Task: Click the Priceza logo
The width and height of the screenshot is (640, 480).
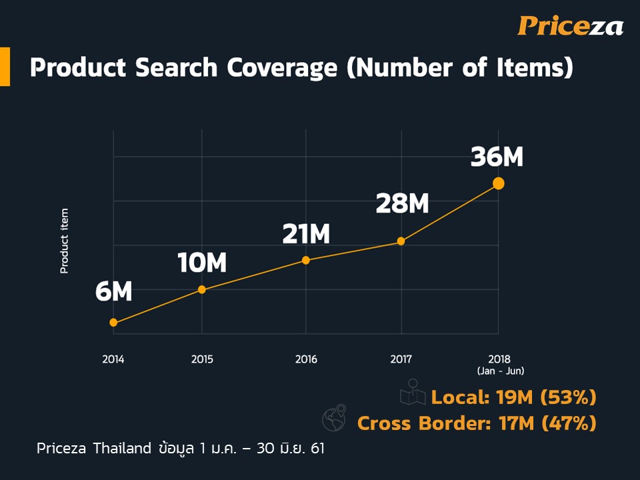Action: pyautogui.click(x=570, y=26)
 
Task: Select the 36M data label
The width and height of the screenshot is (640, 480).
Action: pyautogui.click(x=497, y=157)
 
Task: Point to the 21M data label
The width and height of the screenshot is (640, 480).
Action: pyautogui.click(x=305, y=234)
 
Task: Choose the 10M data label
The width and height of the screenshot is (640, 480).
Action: pyautogui.click(x=202, y=263)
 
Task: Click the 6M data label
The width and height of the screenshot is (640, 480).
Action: pyautogui.click(x=114, y=292)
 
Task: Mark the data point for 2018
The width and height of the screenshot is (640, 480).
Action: pyautogui.click(x=498, y=183)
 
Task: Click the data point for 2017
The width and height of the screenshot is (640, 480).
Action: pyautogui.click(x=401, y=241)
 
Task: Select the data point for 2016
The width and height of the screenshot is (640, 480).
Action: pyautogui.click(x=306, y=260)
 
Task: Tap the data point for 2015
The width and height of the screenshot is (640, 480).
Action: pyautogui.click(x=202, y=289)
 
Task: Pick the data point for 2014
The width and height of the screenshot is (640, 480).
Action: pyautogui.click(x=113, y=323)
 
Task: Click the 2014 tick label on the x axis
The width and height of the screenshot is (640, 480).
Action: pyautogui.click(x=113, y=359)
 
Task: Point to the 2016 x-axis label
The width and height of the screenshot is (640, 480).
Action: pyautogui.click(x=306, y=359)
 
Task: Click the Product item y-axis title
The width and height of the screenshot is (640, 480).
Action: pyautogui.click(x=65, y=241)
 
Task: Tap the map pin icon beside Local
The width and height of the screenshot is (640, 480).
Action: pyautogui.click(x=413, y=393)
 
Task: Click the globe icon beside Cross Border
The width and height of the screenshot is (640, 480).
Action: pyautogui.click(x=334, y=417)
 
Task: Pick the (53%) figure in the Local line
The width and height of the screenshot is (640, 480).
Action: pyautogui.click(x=568, y=397)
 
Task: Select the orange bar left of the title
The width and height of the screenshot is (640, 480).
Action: pyautogui.click(x=5, y=67)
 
